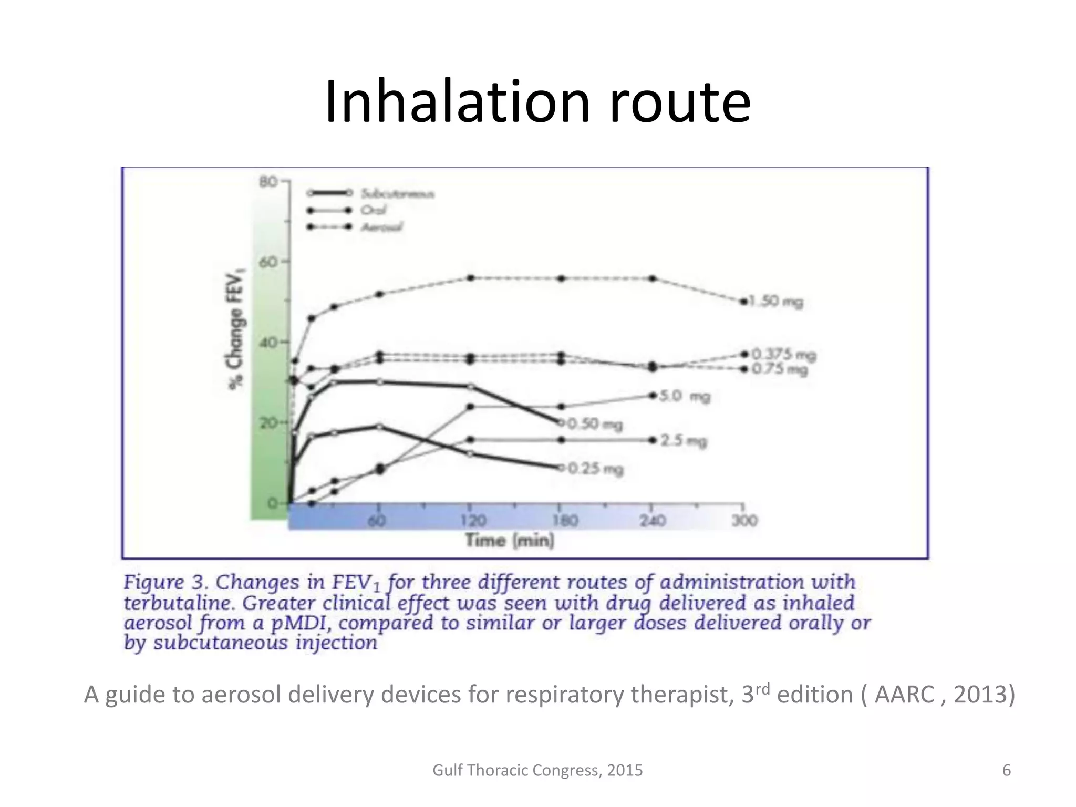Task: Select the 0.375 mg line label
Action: point(784,355)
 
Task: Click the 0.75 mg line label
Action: point(780,369)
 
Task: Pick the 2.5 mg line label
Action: point(684,441)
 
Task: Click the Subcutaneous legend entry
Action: point(397,194)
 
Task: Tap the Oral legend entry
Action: point(373,210)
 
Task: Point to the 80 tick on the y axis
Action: point(268,182)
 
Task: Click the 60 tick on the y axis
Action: point(268,262)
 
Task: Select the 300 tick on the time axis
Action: point(744,521)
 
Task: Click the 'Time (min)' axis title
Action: point(510,541)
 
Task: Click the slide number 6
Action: point(1007,770)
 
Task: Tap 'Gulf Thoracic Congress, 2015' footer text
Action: point(537,770)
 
